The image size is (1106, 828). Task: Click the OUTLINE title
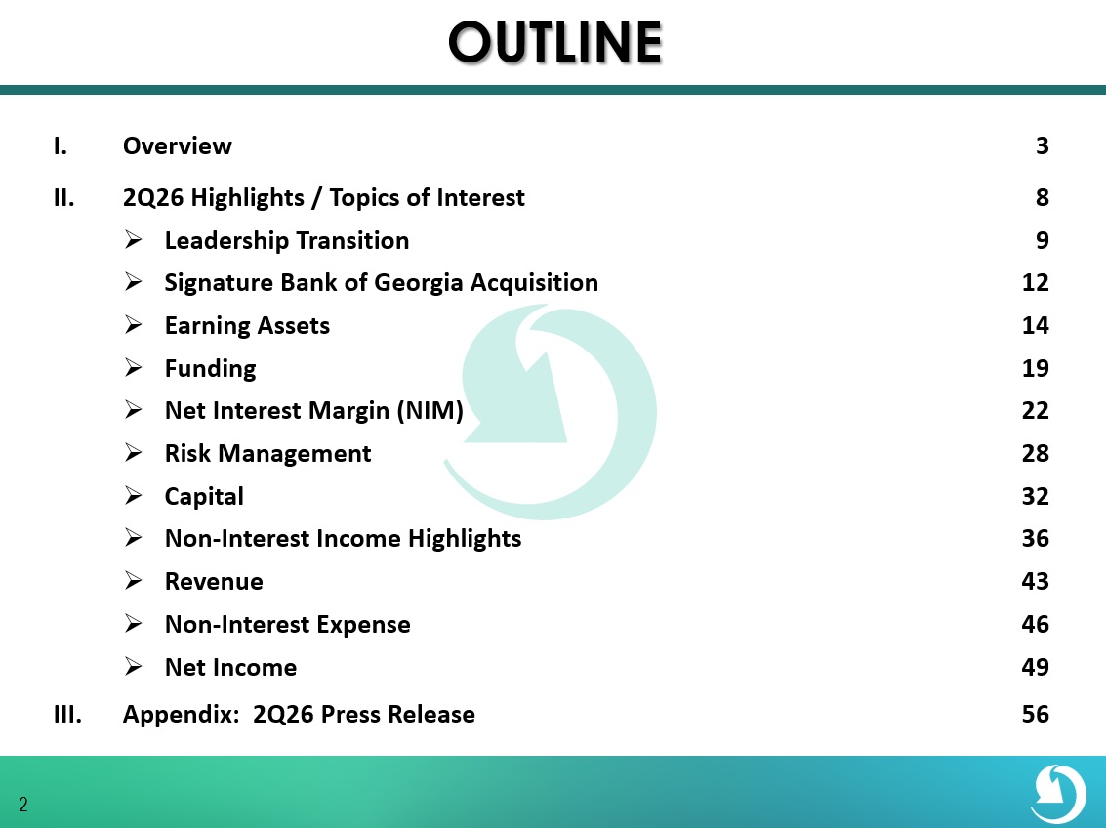tap(555, 42)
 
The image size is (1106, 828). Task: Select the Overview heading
tap(177, 146)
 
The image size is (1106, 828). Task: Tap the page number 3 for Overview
tap(1042, 146)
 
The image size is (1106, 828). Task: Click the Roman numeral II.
tap(63, 198)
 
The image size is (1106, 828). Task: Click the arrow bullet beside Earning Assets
tap(134, 325)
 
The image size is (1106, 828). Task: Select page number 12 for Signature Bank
tap(1035, 283)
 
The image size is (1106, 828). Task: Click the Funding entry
tap(210, 369)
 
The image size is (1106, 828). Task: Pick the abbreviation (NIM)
tap(430, 410)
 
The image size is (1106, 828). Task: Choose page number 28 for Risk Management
tap(1035, 453)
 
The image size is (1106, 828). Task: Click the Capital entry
tap(204, 497)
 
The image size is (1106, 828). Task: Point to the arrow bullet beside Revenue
tap(134, 581)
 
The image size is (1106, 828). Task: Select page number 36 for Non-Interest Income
tap(1035, 539)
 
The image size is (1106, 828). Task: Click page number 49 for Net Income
tap(1035, 667)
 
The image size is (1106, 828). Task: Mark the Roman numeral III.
tap(67, 715)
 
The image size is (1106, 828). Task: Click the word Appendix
tap(182, 715)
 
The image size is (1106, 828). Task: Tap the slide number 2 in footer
tap(23, 805)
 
